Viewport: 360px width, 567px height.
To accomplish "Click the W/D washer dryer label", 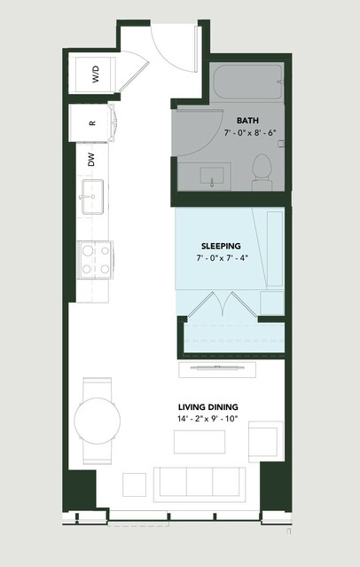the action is [96, 75].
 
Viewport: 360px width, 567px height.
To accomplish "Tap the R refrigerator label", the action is [92, 123].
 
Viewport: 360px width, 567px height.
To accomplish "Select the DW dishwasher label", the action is [91, 160].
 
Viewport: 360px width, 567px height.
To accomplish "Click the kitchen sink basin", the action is [92, 197].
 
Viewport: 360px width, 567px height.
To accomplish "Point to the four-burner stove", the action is [96, 260].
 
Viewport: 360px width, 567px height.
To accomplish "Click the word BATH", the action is [247, 121].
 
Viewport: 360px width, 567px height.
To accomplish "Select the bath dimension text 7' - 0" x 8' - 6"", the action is [250, 133].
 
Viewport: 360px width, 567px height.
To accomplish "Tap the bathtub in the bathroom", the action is [247, 82].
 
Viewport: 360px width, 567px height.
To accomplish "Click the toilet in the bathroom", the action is [262, 172].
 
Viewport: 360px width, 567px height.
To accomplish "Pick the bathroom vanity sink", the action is [211, 176].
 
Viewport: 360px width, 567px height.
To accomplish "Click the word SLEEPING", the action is [221, 246].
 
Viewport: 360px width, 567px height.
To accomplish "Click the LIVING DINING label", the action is [207, 407].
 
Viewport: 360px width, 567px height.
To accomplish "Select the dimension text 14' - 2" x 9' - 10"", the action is [207, 419].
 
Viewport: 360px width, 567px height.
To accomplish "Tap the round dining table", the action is [98, 421].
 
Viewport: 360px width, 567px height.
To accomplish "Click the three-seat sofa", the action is [200, 484].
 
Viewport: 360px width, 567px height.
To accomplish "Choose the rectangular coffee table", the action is [200, 442].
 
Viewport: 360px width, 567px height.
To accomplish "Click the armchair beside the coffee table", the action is [266, 442].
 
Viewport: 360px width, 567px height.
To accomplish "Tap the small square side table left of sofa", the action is [134, 484].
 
